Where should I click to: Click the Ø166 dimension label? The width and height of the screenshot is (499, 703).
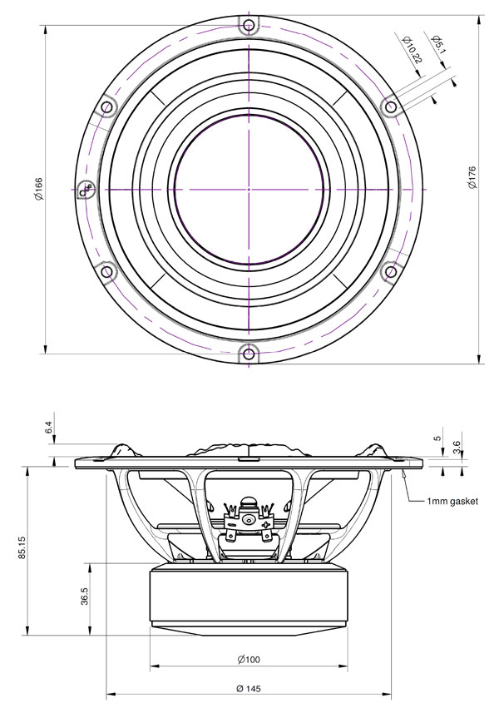point(39,187)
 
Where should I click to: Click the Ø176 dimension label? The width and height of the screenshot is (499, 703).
point(472,177)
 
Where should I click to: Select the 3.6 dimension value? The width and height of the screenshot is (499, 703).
point(457,446)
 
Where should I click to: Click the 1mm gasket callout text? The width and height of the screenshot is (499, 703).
point(452,502)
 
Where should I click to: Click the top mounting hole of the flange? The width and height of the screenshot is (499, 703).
point(248,25)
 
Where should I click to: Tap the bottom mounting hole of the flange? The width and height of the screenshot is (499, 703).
point(248,353)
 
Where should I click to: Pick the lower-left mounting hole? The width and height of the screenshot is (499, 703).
point(106,271)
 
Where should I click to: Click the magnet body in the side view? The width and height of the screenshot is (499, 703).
point(248,595)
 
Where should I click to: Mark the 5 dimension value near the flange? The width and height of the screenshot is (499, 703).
point(437,439)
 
